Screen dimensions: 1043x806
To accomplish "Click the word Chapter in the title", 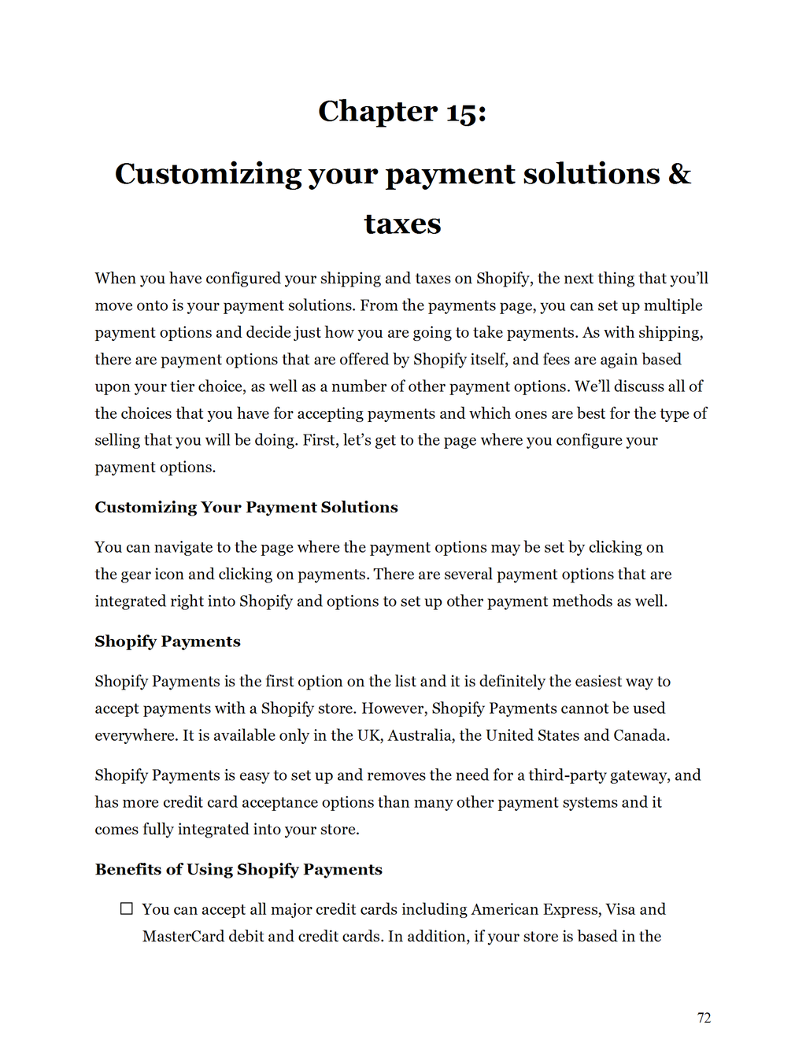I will pyautogui.click(x=377, y=112).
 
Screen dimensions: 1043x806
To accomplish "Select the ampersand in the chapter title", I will pyautogui.click(x=679, y=174).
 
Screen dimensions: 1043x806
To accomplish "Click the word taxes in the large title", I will pyautogui.click(x=402, y=224).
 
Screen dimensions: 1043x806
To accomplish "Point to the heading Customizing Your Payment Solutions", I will pyautogui.click(x=246, y=508).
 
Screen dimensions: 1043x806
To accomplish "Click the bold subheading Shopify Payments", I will pyautogui.click(x=168, y=642).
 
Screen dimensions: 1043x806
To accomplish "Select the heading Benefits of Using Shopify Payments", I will pyautogui.click(x=238, y=870).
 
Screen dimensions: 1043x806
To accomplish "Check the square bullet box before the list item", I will pyautogui.click(x=127, y=909).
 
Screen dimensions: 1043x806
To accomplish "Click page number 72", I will pyautogui.click(x=704, y=1018).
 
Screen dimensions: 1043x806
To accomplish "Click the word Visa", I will pyautogui.click(x=620, y=910).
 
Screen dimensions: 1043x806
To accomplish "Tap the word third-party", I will pyautogui.click(x=566, y=775).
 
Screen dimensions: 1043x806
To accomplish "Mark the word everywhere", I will pyautogui.click(x=135, y=735).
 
